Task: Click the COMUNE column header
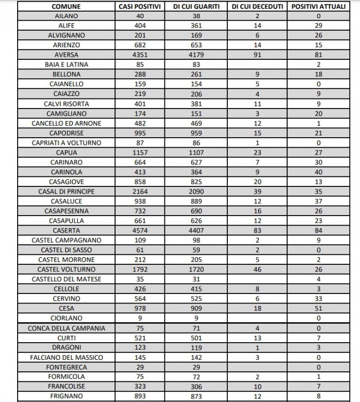click(x=66, y=7)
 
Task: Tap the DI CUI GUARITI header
click(x=197, y=7)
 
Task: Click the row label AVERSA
click(x=66, y=55)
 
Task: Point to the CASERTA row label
click(x=66, y=230)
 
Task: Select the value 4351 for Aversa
click(x=140, y=55)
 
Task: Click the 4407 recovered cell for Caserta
click(x=197, y=230)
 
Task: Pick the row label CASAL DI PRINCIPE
click(x=66, y=191)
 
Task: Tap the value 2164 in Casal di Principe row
click(x=140, y=191)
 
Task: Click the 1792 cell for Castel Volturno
click(x=140, y=269)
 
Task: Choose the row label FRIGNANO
click(x=66, y=396)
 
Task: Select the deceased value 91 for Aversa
click(x=258, y=55)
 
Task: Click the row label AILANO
click(x=66, y=16)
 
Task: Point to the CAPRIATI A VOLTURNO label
click(x=66, y=143)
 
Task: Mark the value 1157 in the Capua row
click(x=140, y=152)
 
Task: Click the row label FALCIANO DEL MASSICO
click(x=66, y=357)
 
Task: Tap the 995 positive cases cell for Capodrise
click(x=140, y=133)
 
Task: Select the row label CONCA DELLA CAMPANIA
click(x=66, y=328)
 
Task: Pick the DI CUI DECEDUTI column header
click(x=258, y=7)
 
